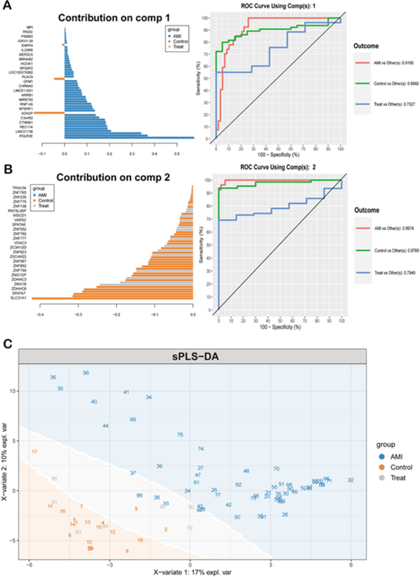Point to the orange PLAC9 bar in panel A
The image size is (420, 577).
59,78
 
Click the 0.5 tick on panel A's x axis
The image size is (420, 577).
177,155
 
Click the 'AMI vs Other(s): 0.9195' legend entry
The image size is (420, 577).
387,62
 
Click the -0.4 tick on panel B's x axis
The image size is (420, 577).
41,313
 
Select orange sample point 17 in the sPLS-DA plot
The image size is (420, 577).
34,451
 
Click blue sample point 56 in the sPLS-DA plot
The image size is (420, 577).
86,373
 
